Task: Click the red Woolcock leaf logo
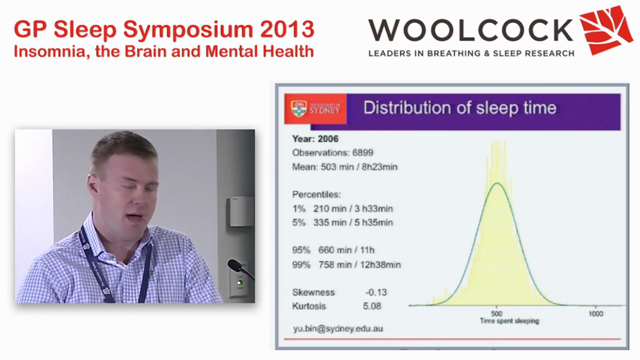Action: [x=605, y=29]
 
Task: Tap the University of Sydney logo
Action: [x=315, y=108]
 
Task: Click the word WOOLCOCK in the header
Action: [x=470, y=30]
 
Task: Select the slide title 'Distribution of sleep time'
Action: [x=459, y=108]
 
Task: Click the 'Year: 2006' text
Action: [x=315, y=139]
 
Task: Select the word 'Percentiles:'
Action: [x=316, y=194]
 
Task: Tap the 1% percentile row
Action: [x=342, y=208]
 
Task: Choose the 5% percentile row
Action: [x=342, y=222]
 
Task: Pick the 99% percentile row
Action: [x=346, y=264]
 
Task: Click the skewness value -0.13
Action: [x=376, y=292]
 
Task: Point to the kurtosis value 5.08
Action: [x=372, y=306]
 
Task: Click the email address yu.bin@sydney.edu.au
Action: [x=338, y=328]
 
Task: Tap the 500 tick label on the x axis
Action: [x=496, y=313]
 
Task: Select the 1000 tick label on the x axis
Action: [x=595, y=313]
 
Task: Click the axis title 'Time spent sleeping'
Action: [x=509, y=321]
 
